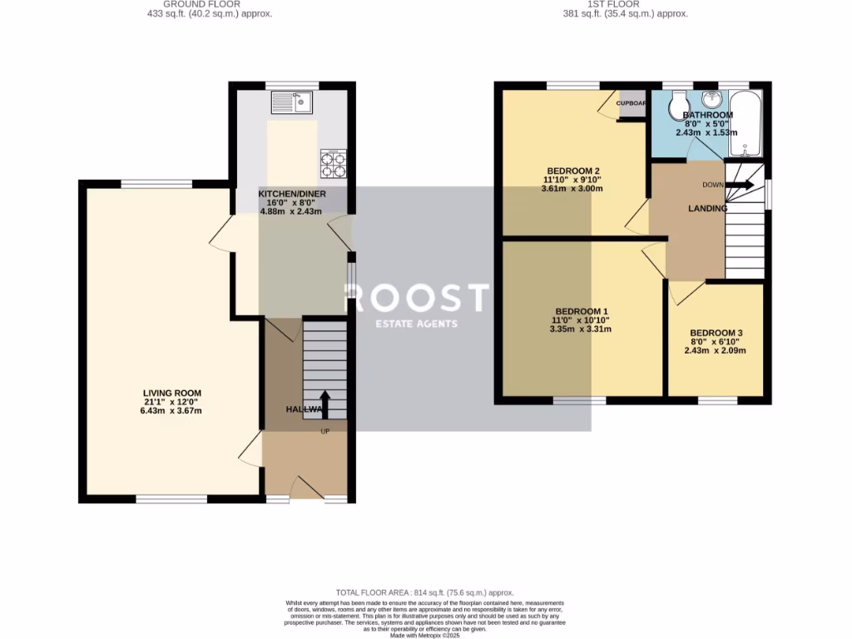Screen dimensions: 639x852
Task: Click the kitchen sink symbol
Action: click(291, 102)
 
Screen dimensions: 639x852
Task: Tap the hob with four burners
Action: click(333, 163)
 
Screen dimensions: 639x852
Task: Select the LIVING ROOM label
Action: click(171, 394)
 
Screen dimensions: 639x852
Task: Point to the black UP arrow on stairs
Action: click(324, 404)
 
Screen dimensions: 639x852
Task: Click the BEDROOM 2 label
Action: click(572, 171)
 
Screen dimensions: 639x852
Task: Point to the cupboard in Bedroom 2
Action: click(632, 105)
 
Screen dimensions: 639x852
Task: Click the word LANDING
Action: click(707, 208)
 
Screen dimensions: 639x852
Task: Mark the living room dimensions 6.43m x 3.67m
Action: click(171, 411)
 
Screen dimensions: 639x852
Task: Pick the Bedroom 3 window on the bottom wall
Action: click(717, 400)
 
